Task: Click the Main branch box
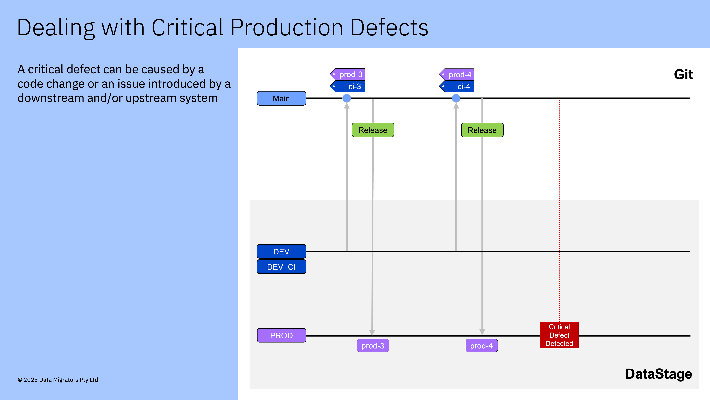coord(281,98)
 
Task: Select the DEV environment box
coord(281,252)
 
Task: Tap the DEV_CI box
coord(281,267)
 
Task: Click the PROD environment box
coord(281,335)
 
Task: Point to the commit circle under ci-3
coord(347,98)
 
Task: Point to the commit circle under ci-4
coord(456,98)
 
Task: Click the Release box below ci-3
coord(373,130)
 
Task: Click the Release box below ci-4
coord(482,130)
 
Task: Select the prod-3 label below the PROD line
coord(373,346)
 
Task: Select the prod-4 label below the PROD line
coord(481,346)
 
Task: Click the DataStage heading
coord(658,374)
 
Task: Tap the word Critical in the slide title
coord(187,28)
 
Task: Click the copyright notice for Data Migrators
coord(58,380)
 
